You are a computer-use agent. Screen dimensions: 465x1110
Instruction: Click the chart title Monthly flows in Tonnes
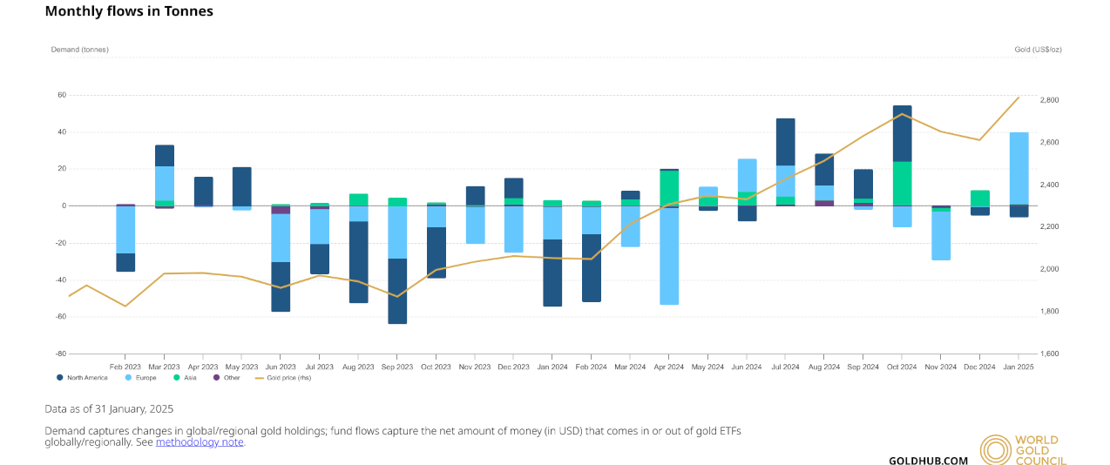click(x=129, y=11)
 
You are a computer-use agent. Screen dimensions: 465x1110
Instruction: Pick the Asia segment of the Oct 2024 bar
click(x=902, y=183)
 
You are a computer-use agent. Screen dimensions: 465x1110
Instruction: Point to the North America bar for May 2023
click(x=241, y=186)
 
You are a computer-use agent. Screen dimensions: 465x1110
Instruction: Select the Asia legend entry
click(x=186, y=377)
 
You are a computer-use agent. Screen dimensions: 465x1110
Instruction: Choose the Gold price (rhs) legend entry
click(x=287, y=377)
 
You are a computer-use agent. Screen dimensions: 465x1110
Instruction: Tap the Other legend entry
click(x=229, y=377)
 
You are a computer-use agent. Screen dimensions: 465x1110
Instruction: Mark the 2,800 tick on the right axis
click(x=1050, y=100)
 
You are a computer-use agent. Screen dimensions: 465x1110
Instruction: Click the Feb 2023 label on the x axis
click(x=125, y=367)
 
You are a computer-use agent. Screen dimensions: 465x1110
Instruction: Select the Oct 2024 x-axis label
click(x=902, y=367)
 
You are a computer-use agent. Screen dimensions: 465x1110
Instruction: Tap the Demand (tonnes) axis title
click(x=79, y=50)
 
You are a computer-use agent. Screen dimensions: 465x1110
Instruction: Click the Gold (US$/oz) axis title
click(x=1038, y=50)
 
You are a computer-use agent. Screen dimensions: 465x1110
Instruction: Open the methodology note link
click(x=200, y=442)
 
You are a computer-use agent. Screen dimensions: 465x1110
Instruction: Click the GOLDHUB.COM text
click(x=928, y=460)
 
